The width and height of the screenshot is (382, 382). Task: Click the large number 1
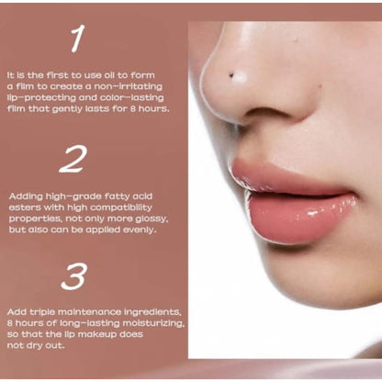(77, 39)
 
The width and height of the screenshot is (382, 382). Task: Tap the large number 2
(73, 159)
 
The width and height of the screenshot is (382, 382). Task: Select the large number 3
(73, 277)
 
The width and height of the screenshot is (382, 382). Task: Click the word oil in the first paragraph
(110, 75)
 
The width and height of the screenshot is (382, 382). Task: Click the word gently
(63, 109)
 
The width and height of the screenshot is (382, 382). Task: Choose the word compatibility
(121, 208)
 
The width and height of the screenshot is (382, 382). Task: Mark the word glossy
(152, 219)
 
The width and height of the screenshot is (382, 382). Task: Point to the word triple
(42, 312)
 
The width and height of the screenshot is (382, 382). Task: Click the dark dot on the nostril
(231, 74)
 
